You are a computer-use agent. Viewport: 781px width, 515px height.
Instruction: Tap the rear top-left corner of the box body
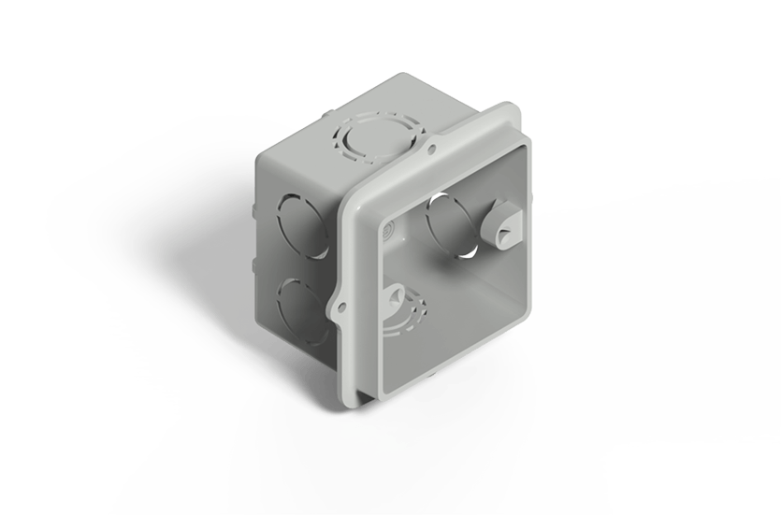pyautogui.click(x=256, y=161)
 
